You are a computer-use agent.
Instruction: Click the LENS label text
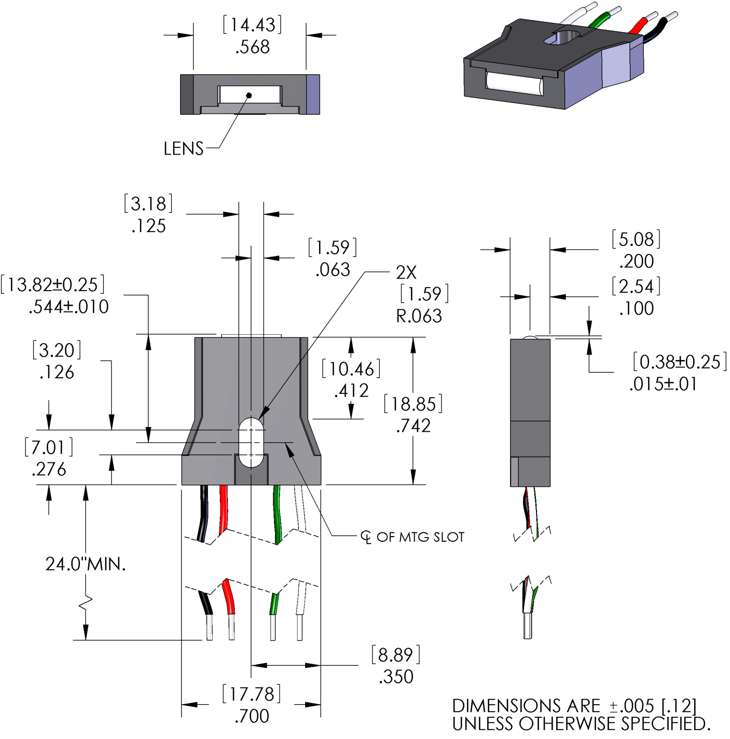click(x=183, y=149)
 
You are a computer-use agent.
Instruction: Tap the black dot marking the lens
click(x=249, y=95)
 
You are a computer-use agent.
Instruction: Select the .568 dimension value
click(x=253, y=47)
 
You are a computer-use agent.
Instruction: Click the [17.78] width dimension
click(x=252, y=694)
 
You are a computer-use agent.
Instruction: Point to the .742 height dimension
click(x=414, y=426)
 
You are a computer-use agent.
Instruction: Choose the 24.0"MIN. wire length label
click(x=86, y=564)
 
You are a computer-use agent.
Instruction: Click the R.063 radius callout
click(x=419, y=316)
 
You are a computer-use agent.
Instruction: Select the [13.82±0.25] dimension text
click(x=53, y=284)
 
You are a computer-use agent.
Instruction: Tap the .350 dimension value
click(x=396, y=677)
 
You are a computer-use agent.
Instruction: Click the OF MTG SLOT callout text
click(x=420, y=537)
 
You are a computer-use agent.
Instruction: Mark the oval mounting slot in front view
click(x=252, y=442)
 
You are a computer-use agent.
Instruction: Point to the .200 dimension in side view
click(x=637, y=261)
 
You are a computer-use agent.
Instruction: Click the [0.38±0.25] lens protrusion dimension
click(x=679, y=362)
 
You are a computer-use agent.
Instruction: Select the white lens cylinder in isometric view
click(x=514, y=84)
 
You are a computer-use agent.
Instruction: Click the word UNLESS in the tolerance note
click(x=483, y=724)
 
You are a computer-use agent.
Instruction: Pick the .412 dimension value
click(x=352, y=391)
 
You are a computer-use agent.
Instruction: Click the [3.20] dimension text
click(x=57, y=350)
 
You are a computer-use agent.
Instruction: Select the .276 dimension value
click(x=49, y=470)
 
